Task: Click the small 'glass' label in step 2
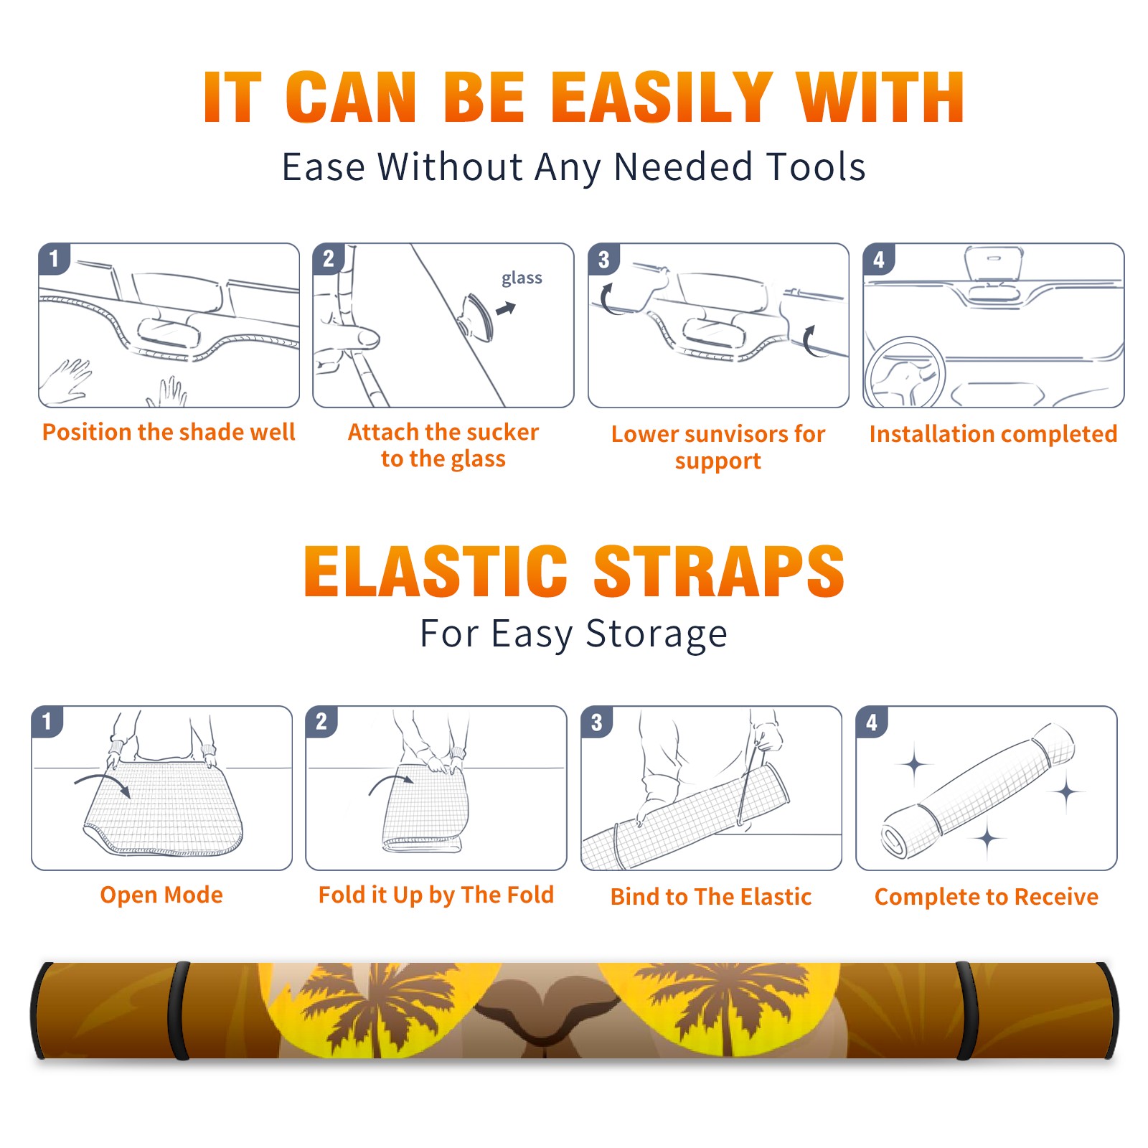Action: (x=522, y=278)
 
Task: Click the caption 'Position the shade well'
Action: (x=169, y=432)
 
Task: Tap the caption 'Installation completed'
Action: (x=993, y=434)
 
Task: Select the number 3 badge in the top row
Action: (x=603, y=259)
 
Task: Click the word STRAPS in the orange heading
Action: (x=719, y=571)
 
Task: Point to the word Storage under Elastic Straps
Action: (x=657, y=634)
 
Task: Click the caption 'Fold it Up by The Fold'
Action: (x=436, y=895)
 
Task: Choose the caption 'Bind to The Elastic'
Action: (x=711, y=897)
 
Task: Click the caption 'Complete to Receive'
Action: (x=987, y=897)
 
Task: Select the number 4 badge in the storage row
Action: (x=871, y=722)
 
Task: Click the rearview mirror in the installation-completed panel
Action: (x=994, y=263)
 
